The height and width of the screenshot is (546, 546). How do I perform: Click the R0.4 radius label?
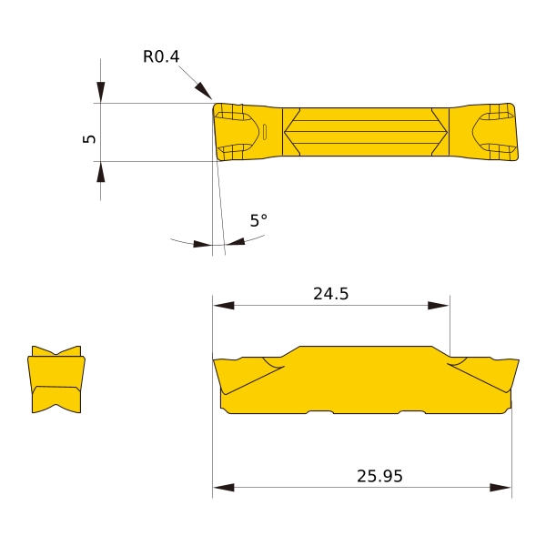click(161, 56)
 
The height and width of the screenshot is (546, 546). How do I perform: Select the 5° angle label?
click(258, 220)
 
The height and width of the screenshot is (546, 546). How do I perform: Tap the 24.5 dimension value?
click(331, 294)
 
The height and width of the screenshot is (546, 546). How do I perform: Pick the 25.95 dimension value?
click(379, 476)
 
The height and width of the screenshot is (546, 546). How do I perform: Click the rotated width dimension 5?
click(89, 138)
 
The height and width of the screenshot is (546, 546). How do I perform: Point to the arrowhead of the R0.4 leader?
click(203, 90)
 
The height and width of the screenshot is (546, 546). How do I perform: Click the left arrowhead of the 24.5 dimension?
click(224, 306)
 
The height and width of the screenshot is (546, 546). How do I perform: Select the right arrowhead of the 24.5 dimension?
click(439, 306)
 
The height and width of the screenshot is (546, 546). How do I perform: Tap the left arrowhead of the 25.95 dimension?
click(224, 487)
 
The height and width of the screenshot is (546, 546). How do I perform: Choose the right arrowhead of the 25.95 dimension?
click(500, 487)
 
